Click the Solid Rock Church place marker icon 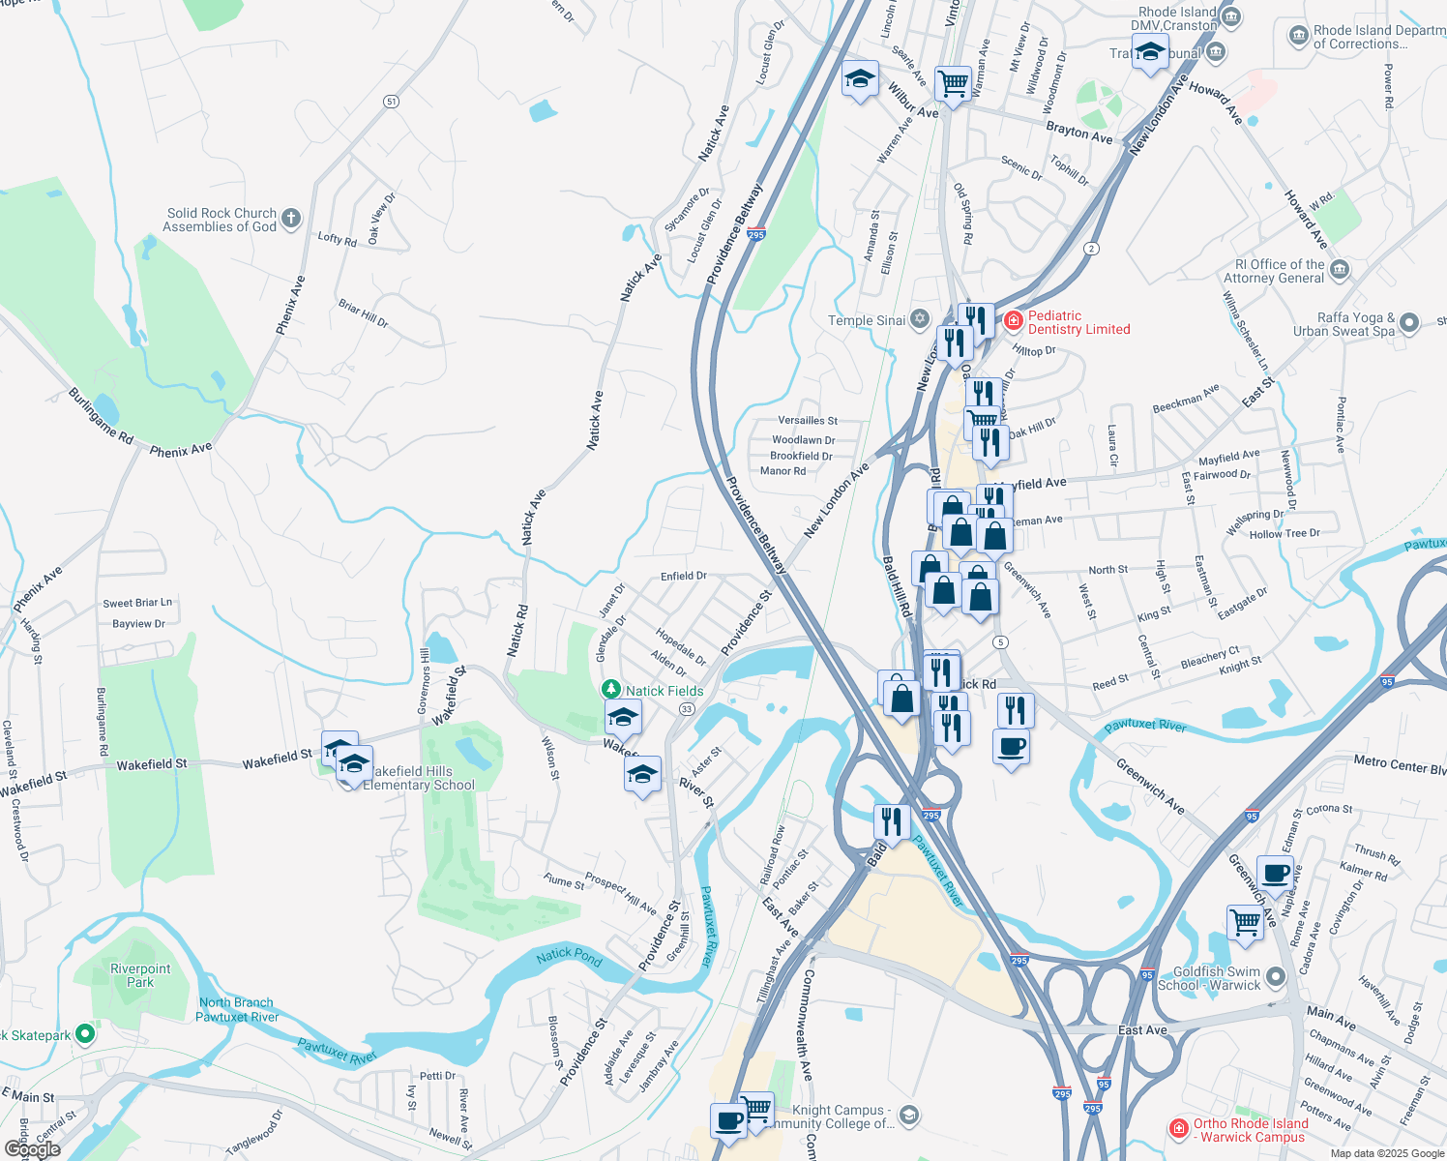pyautogui.click(x=291, y=219)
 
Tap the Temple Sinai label pyautogui.click(x=867, y=320)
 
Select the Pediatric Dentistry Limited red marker pyautogui.click(x=1013, y=320)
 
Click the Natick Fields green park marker pyautogui.click(x=610, y=690)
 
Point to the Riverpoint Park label pyautogui.click(x=140, y=975)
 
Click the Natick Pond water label pyautogui.click(x=569, y=957)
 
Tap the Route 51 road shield pyautogui.click(x=391, y=101)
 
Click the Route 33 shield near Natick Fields pyautogui.click(x=687, y=709)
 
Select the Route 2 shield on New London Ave pyautogui.click(x=1092, y=248)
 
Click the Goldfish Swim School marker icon pyautogui.click(x=1276, y=977)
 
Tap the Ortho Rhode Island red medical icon pyautogui.click(x=1178, y=1128)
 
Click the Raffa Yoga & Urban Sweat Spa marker pyautogui.click(x=1409, y=323)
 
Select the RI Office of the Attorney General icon pyautogui.click(x=1340, y=269)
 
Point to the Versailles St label pyautogui.click(x=808, y=421)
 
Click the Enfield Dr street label pyautogui.click(x=683, y=576)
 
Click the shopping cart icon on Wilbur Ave pyautogui.click(x=953, y=83)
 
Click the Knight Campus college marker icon pyautogui.click(x=908, y=1116)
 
